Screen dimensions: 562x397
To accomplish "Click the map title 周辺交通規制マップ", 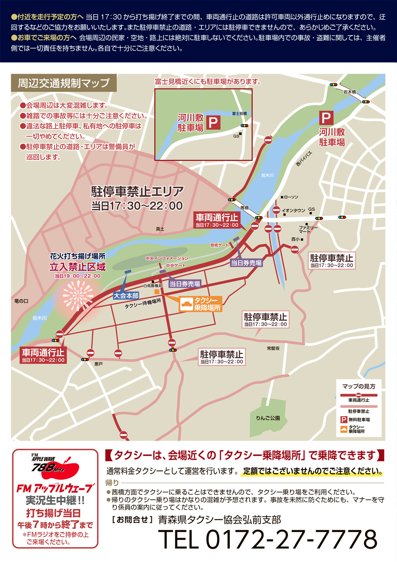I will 64,83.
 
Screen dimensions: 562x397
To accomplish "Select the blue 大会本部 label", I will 126,296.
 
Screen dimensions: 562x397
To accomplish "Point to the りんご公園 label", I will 268,418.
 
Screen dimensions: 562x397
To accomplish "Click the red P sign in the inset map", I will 213,123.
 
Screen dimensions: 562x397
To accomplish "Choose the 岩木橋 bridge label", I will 349,92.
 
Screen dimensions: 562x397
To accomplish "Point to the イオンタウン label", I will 293,210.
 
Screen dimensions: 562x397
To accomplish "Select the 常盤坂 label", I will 273,348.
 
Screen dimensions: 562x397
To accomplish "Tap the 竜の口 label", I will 22,301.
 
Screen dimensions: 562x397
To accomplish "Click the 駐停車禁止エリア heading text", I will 137,191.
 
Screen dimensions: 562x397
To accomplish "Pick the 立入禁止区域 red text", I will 78,267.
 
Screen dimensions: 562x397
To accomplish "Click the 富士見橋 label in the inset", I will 239,114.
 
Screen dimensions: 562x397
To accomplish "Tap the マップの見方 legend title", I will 359,386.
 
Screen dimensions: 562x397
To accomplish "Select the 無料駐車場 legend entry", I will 359,420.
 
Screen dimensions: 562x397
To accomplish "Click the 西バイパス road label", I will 304,159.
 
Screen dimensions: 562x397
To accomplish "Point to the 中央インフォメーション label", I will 167,258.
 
